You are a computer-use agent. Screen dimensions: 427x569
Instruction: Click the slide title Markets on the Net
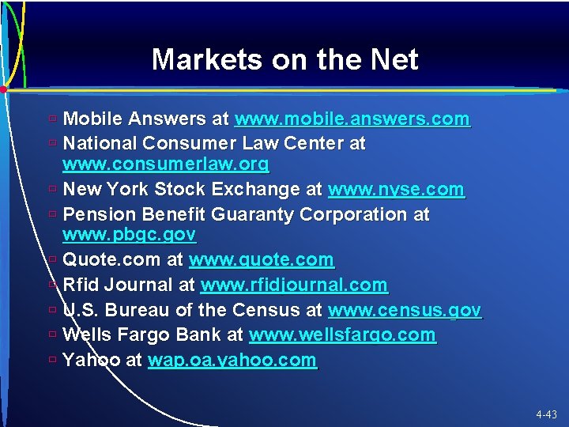pyautogui.click(x=284, y=59)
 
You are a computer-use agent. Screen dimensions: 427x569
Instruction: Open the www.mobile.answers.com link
pyautogui.click(x=352, y=119)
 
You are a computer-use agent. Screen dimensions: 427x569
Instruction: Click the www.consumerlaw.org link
pyautogui.click(x=165, y=164)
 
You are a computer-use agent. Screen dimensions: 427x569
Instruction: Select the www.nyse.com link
pyautogui.click(x=396, y=190)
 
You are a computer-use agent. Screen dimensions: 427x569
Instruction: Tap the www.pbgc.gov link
pyautogui.click(x=129, y=235)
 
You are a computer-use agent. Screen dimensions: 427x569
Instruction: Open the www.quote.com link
pyautogui.click(x=262, y=259)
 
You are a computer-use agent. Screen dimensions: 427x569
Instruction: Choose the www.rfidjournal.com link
pyautogui.click(x=294, y=285)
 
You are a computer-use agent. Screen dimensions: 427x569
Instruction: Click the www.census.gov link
pyautogui.click(x=404, y=311)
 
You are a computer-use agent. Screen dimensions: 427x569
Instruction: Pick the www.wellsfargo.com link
pyautogui.click(x=342, y=335)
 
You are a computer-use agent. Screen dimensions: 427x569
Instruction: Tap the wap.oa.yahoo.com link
pyautogui.click(x=232, y=361)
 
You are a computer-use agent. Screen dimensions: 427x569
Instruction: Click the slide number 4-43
pyautogui.click(x=546, y=414)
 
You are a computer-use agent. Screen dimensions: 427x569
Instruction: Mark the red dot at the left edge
pyautogui.click(x=4, y=90)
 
